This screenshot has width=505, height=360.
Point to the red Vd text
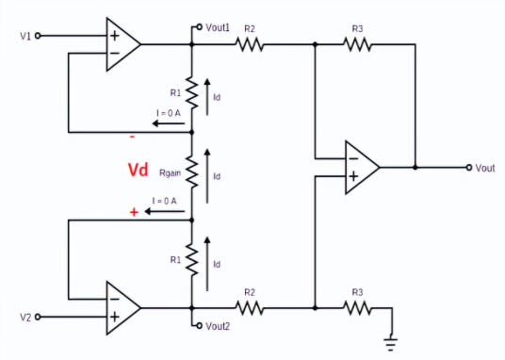(138, 171)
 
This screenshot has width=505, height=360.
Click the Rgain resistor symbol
(191, 172)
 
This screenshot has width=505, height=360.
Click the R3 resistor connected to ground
(357, 307)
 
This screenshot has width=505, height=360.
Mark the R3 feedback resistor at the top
(357, 44)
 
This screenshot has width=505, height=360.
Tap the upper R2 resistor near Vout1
(250, 44)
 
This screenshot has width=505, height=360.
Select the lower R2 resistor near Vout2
(250, 307)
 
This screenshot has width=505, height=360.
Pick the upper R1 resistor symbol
(191, 92)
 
